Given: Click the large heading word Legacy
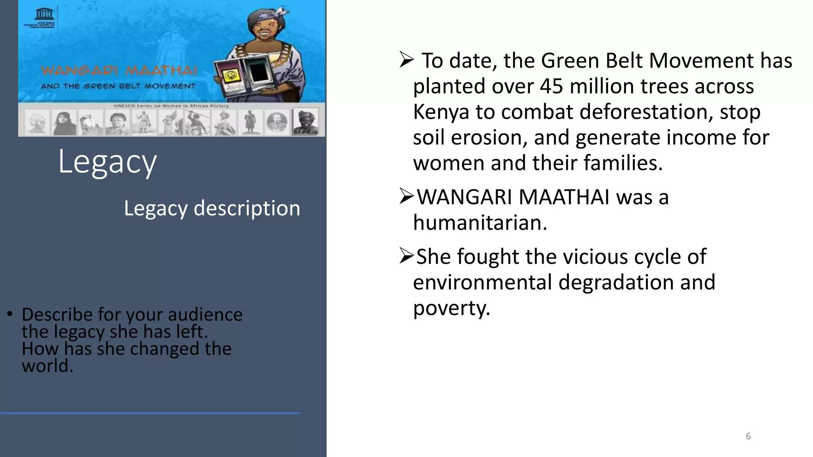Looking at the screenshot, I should tap(108, 162).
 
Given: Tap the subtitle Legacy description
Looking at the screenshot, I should tap(212, 208).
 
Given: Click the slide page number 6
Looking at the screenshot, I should tap(748, 436).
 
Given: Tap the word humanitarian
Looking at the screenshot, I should tap(480, 223).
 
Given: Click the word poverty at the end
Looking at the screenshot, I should tap(451, 308).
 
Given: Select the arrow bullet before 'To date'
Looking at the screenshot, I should tap(407, 60).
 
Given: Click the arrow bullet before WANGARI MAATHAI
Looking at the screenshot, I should tap(407, 196).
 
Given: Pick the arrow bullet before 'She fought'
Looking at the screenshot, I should tap(407, 256).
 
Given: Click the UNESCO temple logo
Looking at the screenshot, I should tap(44, 14).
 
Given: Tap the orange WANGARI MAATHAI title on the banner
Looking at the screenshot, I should tap(119, 71).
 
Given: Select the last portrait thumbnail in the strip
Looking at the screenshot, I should tap(305, 121).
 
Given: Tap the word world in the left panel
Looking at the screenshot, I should tap(48, 366).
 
